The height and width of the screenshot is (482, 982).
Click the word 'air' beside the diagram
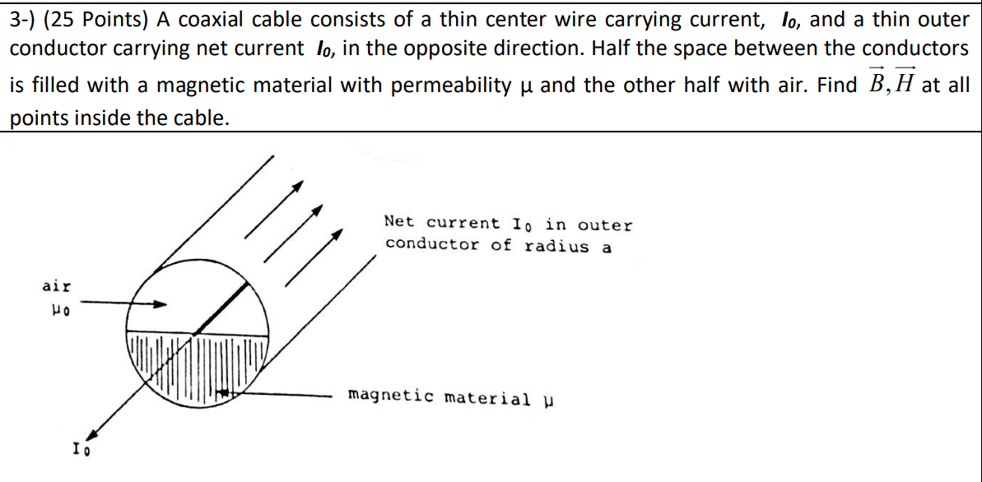(x=57, y=286)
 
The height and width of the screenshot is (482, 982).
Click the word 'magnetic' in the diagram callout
(x=390, y=396)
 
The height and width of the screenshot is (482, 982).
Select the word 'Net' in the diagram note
(x=399, y=222)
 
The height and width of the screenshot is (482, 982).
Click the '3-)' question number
(x=27, y=19)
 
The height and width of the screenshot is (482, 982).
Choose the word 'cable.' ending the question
(x=200, y=118)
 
